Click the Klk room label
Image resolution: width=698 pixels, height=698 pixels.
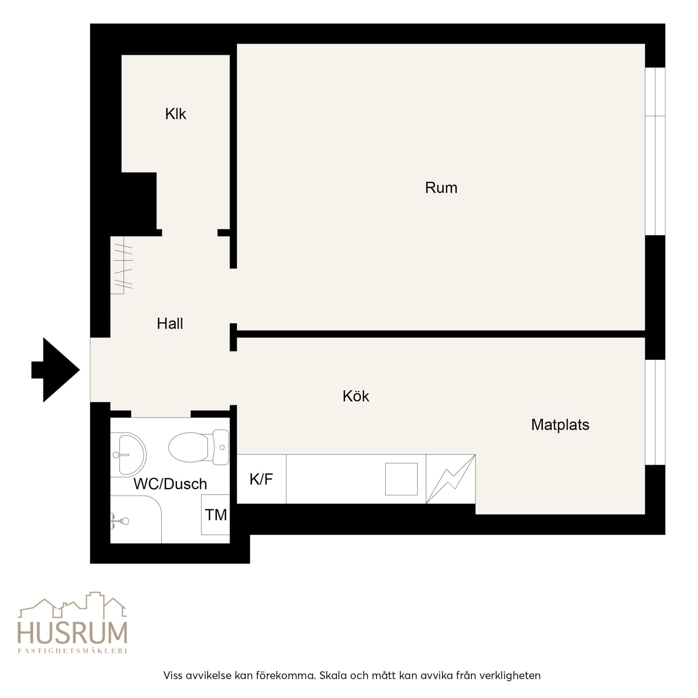click(x=176, y=114)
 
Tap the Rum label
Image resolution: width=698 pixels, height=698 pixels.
click(x=441, y=188)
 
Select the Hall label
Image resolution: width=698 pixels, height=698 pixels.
click(x=170, y=323)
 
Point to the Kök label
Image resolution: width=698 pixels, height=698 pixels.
click(x=356, y=396)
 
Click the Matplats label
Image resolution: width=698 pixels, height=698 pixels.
click(x=560, y=425)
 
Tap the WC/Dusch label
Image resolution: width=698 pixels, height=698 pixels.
click(x=170, y=484)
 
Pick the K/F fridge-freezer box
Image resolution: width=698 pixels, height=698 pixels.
click(x=261, y=479)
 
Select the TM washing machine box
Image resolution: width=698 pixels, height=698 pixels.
click(x=216, y=514)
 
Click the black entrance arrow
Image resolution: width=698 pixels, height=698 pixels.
click(x=55, y=370)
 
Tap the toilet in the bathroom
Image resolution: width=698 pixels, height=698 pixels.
click(x=199, y=447)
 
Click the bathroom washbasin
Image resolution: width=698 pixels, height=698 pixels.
click(x=128, y=454)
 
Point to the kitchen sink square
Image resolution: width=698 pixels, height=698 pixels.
click(x=401, y=479)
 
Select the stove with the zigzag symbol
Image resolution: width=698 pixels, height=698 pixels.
click(x=451, y=479)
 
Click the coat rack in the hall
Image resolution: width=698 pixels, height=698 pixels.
click(x=122, y=265)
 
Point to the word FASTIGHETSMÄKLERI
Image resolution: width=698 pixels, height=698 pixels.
click(x=73, y=651)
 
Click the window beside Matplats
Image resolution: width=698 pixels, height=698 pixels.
click(x=655, y=412)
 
